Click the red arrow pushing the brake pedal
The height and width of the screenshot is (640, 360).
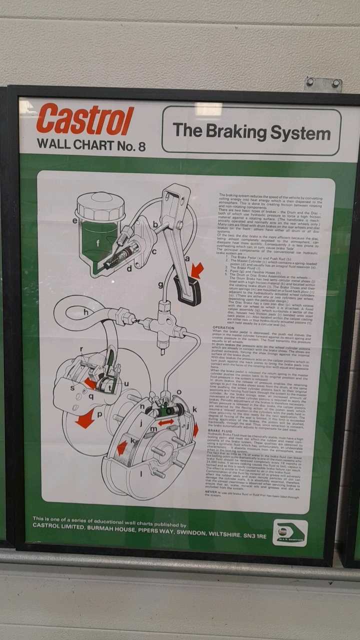[x=197, y=270]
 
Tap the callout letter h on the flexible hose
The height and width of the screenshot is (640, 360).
[x=86, y=312]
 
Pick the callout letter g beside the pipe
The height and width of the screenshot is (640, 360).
[x=161, y=285]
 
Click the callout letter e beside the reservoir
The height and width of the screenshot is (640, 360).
[x=75, y=220]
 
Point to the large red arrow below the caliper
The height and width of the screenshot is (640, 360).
[x=85, y=419]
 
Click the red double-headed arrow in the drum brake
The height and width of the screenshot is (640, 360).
[x=166, y=423]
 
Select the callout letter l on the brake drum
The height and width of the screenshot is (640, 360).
[x=141, y=472]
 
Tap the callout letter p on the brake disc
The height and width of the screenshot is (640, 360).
[x=99, y=414]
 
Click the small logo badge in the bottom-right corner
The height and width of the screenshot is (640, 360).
[x=290, y=533]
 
